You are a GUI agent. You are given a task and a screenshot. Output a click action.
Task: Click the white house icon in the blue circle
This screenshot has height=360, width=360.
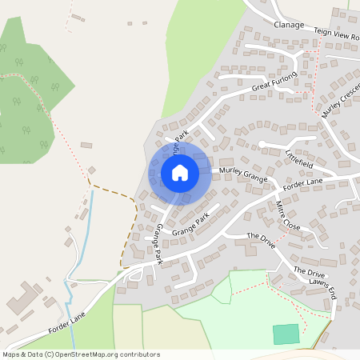tap(179, 173)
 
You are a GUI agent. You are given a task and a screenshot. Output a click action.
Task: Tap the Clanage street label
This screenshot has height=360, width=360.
tap(289, 25)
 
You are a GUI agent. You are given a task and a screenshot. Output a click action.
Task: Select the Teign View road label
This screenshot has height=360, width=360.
tap(336, 37)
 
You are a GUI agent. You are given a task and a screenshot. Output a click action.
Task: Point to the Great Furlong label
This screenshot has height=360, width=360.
tap(274, 81)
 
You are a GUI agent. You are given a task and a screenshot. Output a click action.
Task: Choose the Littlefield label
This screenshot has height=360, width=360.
tap(299, 157)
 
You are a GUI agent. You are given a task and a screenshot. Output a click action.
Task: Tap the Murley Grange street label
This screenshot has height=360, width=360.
tap(242, 174)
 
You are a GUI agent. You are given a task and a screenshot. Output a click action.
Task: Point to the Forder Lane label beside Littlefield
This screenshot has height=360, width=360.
tap(302, 183)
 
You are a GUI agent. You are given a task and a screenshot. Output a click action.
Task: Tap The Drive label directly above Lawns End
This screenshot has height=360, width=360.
tap(308, 271)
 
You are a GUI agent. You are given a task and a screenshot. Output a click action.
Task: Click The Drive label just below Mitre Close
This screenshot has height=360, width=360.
tap(261, 238)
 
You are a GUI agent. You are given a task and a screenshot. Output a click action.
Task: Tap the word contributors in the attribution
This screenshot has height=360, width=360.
tap(138, 354)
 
